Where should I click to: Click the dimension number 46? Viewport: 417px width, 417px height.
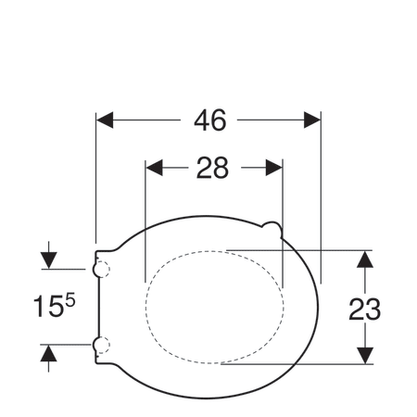(210, 120)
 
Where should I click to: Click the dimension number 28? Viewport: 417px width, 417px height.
(212, 168)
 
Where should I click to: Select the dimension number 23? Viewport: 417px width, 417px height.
(364, 310)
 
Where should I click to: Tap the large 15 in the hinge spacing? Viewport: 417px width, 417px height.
(48, 306)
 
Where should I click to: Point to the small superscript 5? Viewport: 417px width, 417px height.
(70, 300)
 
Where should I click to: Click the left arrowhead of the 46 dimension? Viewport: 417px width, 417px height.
(105, 120)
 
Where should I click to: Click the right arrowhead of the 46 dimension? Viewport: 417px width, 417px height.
(312, 120)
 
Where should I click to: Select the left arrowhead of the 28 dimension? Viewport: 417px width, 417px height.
(154, 168)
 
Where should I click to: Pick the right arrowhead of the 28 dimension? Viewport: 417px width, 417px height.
(274, 168)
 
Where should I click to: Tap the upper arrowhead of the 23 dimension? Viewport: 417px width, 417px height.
(365, 259)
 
